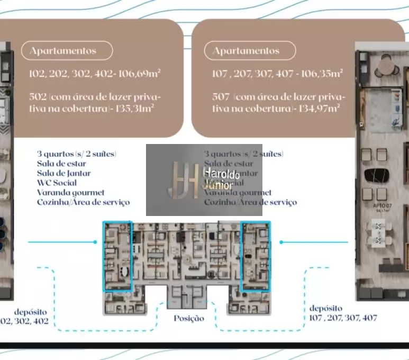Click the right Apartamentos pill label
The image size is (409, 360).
246,51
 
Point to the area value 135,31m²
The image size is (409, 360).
138,109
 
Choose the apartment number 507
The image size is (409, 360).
220,97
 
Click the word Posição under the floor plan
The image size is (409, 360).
189,318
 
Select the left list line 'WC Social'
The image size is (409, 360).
57,183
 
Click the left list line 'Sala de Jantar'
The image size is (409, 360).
63,173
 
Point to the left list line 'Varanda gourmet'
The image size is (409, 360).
70,192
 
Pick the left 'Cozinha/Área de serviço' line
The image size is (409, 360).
83,202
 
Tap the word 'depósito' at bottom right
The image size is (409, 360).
326,308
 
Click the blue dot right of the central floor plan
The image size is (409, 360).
281,242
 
